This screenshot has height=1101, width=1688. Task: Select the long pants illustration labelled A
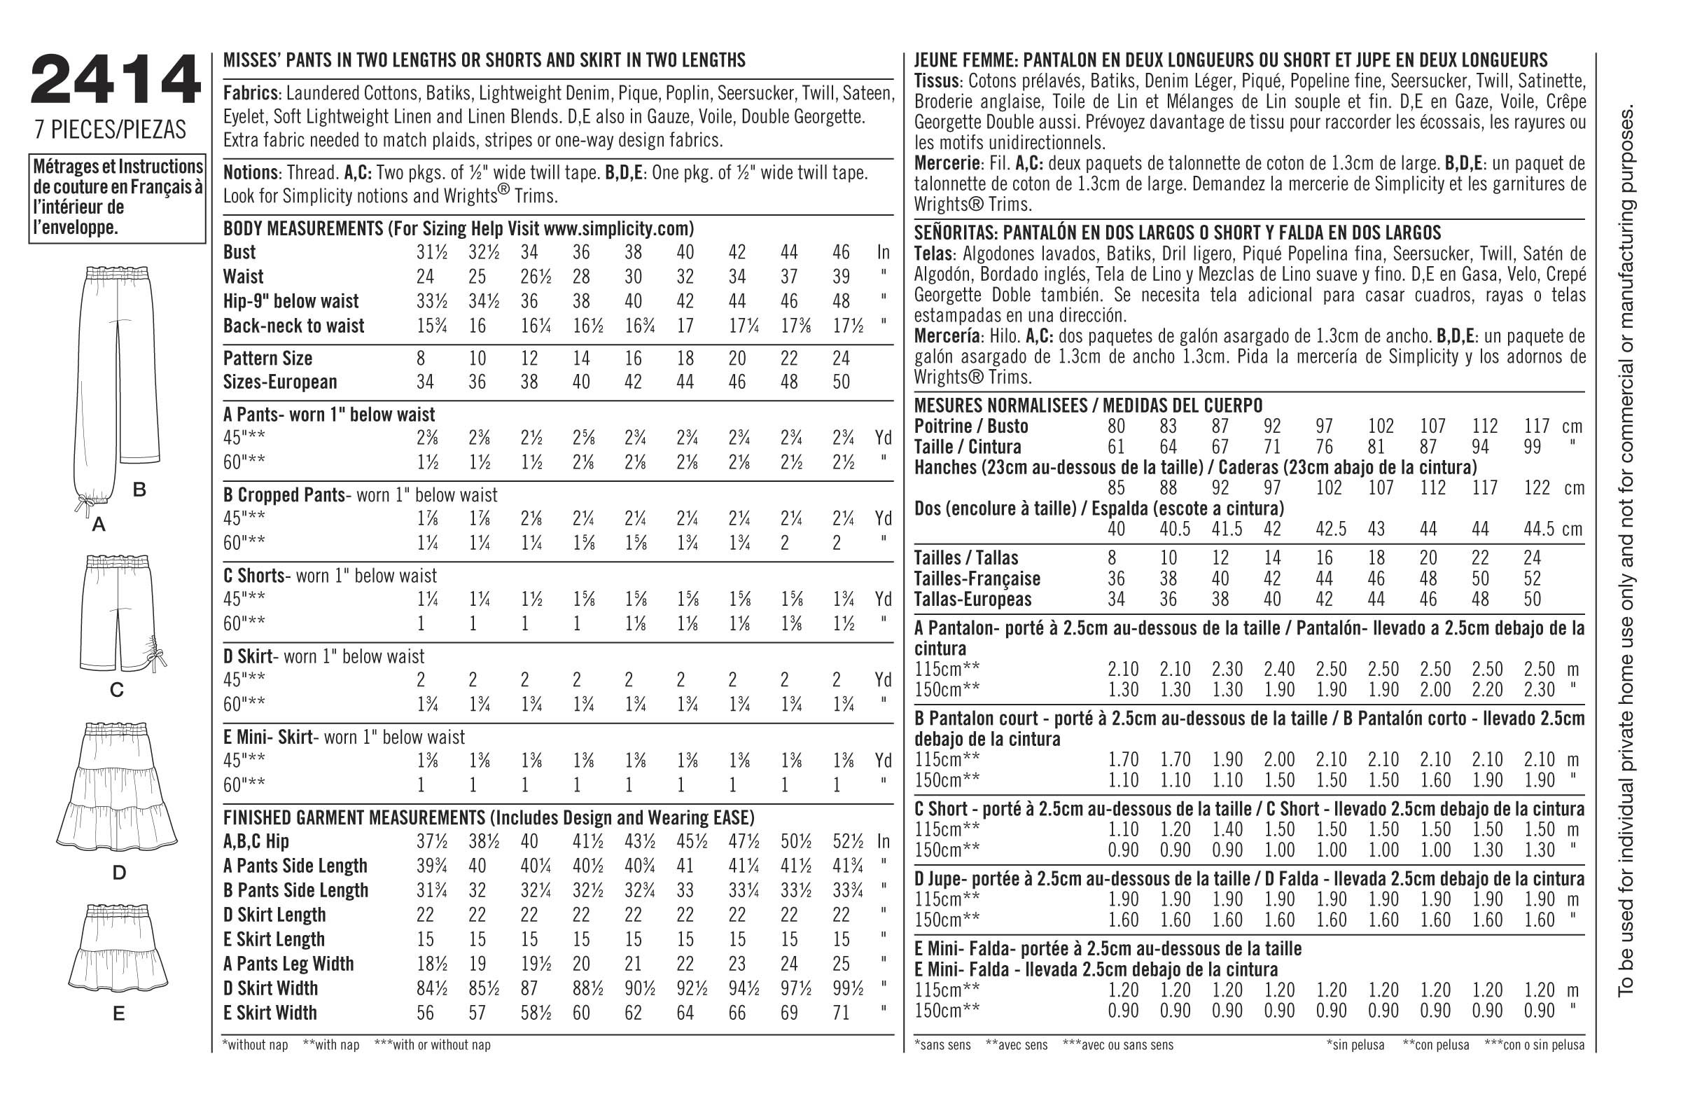(103, 383)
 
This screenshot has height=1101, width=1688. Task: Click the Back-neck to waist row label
(293, 326)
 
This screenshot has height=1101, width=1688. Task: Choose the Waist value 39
(841, 277)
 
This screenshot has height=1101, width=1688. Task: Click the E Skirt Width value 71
(841, 1013)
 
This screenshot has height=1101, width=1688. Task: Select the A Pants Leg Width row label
(288, 964)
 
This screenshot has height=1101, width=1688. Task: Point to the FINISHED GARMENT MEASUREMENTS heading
(489, 817)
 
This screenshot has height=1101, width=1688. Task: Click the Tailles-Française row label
(977, 579)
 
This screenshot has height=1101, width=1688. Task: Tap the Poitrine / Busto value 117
(1537, 427)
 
